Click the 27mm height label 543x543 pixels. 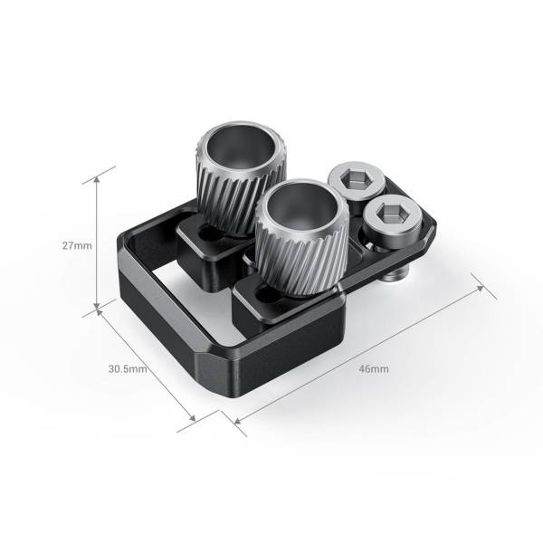click(x=76, y=245)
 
